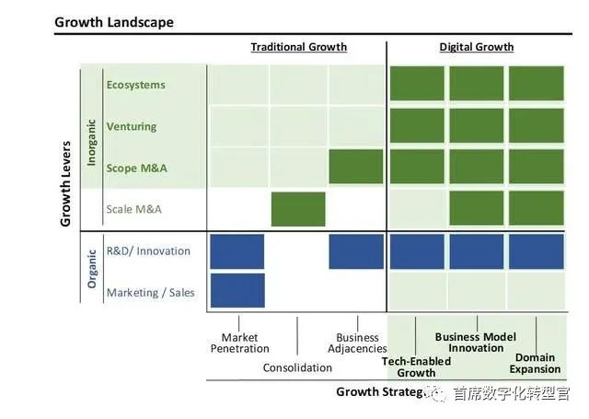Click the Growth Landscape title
pos(114,21)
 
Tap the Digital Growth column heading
pos(477,47)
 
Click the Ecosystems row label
pos(135,85)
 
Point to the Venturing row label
pos(132,126)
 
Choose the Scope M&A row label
pos(137,168)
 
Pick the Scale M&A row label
pos(134,209)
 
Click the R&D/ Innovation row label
pos(148,250)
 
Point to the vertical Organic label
pos(92,268)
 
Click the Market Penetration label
pos(239,343)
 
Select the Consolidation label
pos(297,367)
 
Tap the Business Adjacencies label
pos(357,343)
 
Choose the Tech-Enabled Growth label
pos(416,367)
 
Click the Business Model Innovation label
pos(475,343)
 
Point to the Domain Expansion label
pos(535,363)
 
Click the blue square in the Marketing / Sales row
pos(237,290)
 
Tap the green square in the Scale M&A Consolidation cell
pos(298,209)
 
